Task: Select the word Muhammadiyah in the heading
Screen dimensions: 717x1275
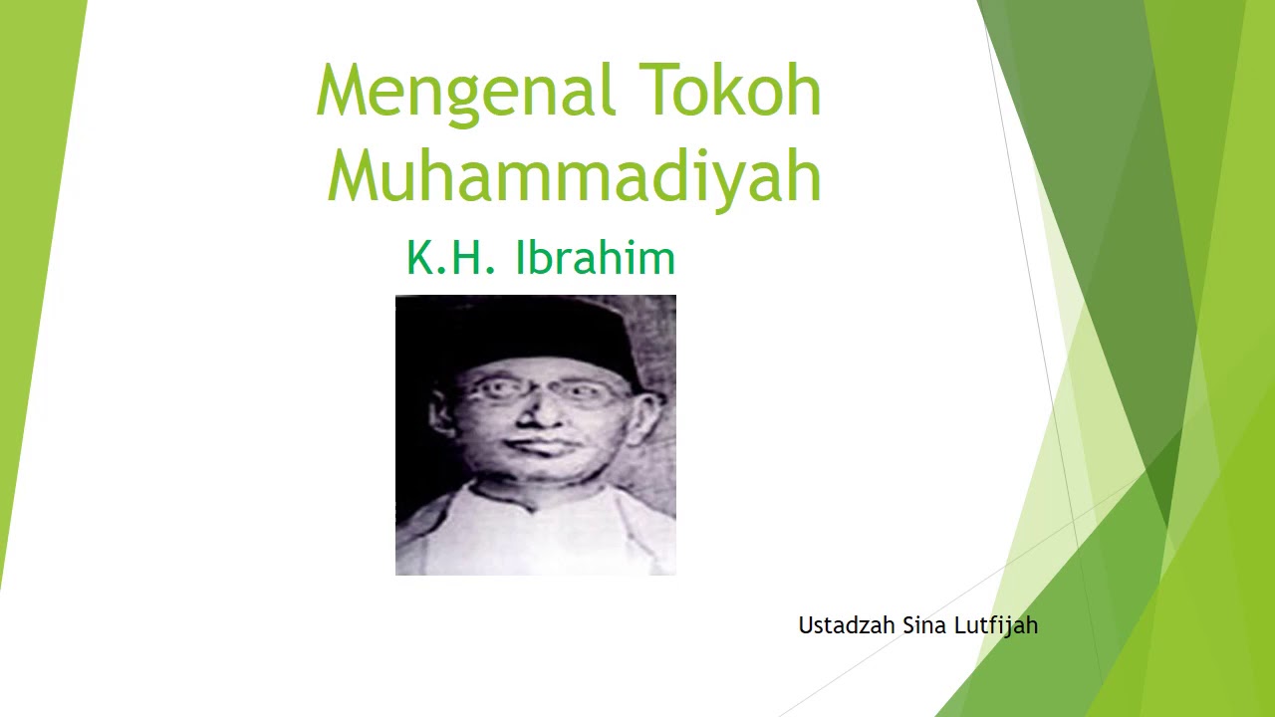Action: coord(574,176)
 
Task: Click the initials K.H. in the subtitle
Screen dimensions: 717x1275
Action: coord(450,258)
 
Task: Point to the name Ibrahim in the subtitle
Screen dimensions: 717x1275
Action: coord(595,258)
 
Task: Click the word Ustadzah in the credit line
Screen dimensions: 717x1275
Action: coord(847,625)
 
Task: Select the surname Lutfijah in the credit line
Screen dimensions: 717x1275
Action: coord(996,626)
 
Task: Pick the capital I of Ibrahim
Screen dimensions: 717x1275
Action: coord(520,258)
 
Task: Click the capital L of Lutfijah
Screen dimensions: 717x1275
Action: coord(960,625)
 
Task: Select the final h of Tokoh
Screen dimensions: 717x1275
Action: coord(802,90)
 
